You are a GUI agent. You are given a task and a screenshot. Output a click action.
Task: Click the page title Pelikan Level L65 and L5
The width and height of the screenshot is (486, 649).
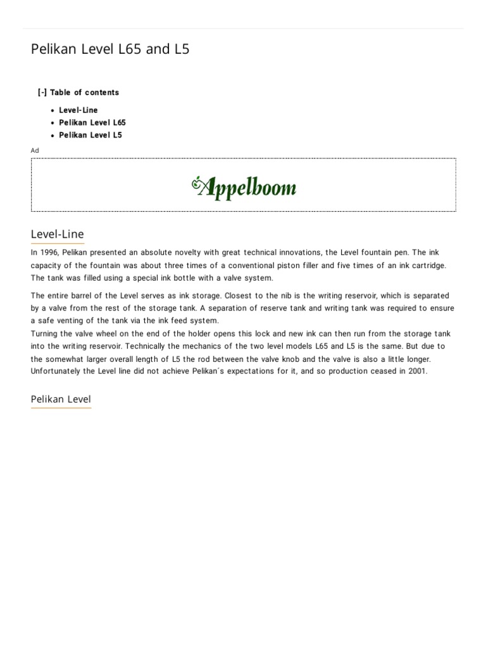(x=110, y=49)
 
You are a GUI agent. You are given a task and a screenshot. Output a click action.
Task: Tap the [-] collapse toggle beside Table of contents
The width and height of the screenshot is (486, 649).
(x=42, y=93)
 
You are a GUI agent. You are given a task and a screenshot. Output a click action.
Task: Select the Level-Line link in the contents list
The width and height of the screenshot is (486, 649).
(x=78, y=110)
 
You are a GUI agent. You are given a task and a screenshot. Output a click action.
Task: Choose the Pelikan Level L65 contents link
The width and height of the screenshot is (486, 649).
(x=92, y=122)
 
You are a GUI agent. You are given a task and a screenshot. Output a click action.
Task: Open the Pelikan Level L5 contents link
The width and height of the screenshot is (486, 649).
(x=90, y=135)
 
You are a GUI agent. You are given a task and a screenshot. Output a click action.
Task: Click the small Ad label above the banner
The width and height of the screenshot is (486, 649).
(x=35, y=150)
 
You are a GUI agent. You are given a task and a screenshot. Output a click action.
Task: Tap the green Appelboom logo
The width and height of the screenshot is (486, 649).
(x=244, y=186)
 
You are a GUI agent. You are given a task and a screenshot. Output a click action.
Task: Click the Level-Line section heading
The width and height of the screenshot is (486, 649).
(x=57, y=235)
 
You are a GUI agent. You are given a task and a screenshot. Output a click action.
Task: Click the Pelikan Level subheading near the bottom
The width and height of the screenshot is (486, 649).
(x=61, y=399)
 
